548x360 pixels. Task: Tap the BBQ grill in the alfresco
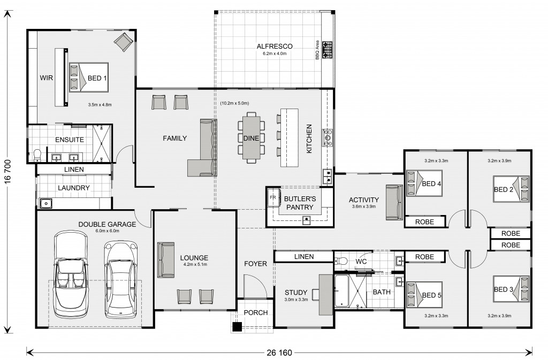click(x=327, y=50)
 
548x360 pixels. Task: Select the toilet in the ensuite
click(x=37, y=155)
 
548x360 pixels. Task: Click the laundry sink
click(x=45, y=203)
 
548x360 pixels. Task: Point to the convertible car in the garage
click(x=70, y=274)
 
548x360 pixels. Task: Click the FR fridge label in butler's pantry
click(x=273, y=197)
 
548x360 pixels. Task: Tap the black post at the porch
click(x=237, y=326)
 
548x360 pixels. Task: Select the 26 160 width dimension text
click(x=279, y=353)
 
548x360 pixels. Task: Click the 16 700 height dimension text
click(x=8, y=172)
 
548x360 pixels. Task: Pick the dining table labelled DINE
click(x=251, y=137)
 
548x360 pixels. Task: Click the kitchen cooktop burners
click(x=328, y=137)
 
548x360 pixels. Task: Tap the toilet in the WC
click(x=340, y=261)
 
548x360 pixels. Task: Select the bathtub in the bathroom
click(x=341, y=291)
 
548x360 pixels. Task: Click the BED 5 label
click(x=431, y=295)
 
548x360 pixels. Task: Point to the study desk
click(x=325, y=294)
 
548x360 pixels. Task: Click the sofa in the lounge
click(x=166, y=260)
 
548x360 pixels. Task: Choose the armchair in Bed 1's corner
click(x=123, y=42)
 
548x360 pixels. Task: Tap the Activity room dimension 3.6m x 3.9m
click(x=364, y=206)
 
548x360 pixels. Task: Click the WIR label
click(x=46, y=78)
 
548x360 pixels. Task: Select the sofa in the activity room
click(x=394, y=203)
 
